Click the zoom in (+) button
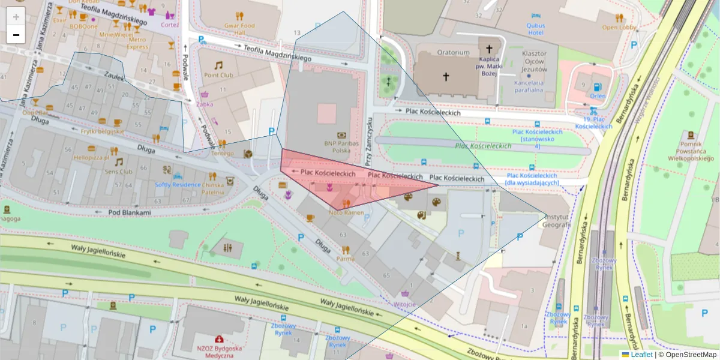coord(16,17)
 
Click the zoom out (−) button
coord(16,35)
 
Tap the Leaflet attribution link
coord(641,355)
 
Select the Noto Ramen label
coord(346,212)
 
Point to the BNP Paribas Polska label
coord(341,147)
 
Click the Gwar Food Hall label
coord(239,29)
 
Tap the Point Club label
coord(218,75)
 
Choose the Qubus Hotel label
coord(535,29)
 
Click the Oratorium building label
coord(453,53)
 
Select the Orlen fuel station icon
coord(597,88)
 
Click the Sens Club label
coord(118,171)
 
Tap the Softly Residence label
coord(178,184)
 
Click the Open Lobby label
coord(618,27)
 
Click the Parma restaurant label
coord(345,259)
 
